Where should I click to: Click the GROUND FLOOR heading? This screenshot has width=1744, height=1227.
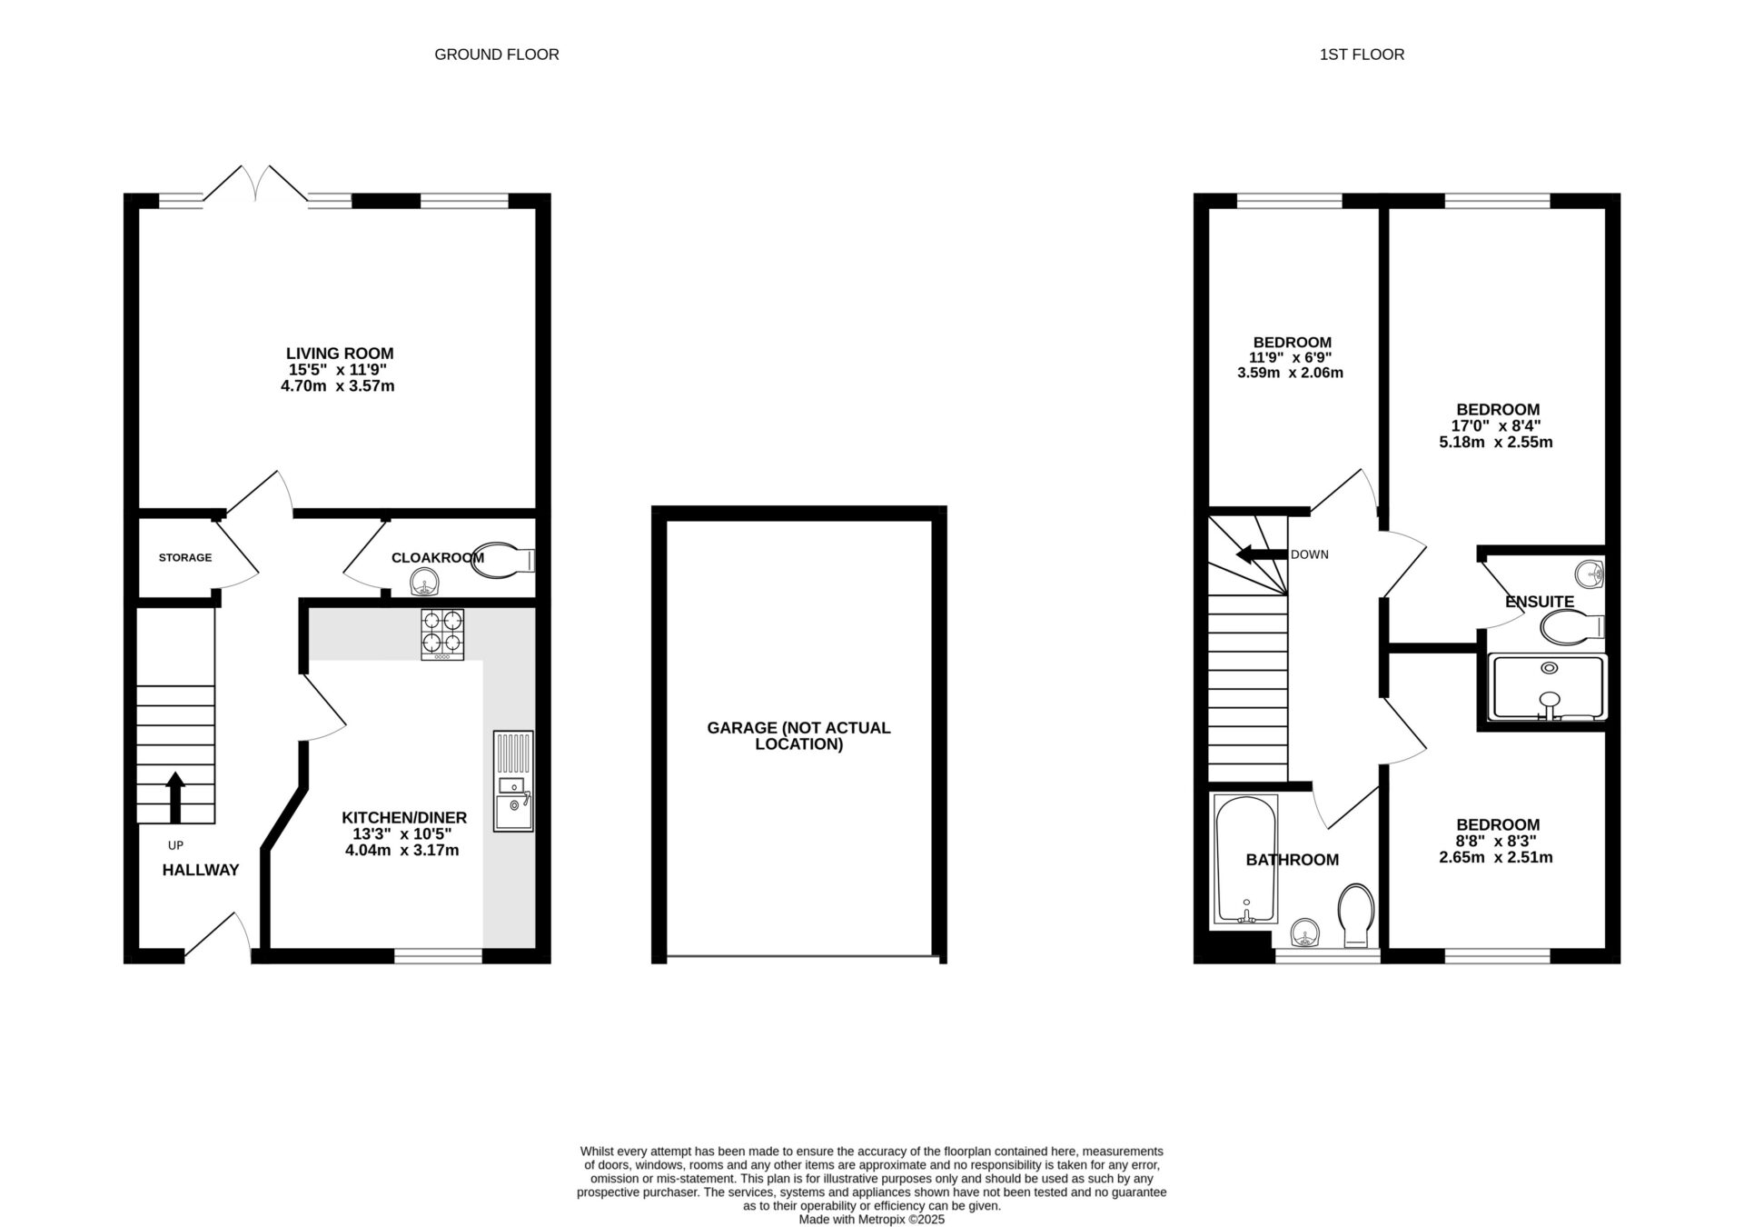tap(497, 55)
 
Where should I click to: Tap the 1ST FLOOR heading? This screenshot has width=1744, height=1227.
tap(1362, 55)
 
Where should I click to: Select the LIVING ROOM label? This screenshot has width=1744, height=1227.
tap(340, 354)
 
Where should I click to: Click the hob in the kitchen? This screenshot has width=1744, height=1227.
tap(442, 633)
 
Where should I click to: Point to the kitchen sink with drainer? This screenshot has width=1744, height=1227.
tap(513, 781)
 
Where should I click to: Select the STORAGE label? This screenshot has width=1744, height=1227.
tap(185, 558)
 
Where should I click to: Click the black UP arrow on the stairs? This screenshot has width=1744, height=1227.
tap(175, 797)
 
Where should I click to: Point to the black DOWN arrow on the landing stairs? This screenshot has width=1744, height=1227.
tap(1257, 554)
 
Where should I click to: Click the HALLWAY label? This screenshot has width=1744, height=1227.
tap(201, 871)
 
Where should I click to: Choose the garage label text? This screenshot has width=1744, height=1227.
tap(799, 736)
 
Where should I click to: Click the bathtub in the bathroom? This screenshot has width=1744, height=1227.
tap(1246, 859)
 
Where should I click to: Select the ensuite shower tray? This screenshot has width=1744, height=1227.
tap(1549, 688)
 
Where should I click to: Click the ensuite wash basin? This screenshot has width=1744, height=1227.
tap(1590, 574)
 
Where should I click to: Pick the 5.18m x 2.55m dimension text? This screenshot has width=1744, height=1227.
tap(1496, 443)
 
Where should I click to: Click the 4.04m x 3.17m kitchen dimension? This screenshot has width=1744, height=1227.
tap(401, 851)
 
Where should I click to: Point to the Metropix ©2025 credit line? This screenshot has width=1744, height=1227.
tap(871, 1220)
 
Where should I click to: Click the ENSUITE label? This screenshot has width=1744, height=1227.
tap(1540, 602)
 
